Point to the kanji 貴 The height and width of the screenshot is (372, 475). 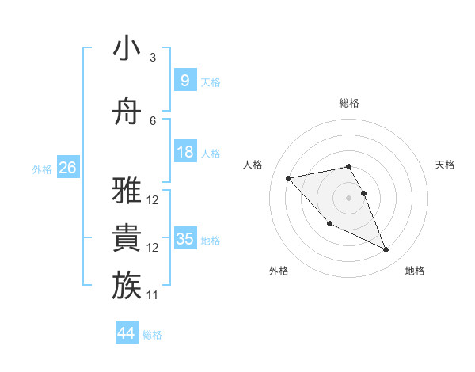tap(127, 238)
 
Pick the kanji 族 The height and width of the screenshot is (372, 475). tap(127, 286)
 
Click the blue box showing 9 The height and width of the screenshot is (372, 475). tap(184, 81)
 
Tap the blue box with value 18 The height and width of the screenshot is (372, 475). tap(184, 152)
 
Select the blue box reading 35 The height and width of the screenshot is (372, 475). tap(184, 239)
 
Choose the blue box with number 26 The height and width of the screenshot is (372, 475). tap(67, 168)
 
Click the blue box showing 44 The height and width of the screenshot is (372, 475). tap(126, 333)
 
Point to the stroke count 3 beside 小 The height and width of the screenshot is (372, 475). tap(153, 58)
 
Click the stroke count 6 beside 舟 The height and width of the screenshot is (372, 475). tap(153, 121)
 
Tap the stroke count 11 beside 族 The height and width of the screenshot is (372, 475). tap(153, 295)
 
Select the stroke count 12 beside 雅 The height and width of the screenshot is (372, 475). tap(153, 200)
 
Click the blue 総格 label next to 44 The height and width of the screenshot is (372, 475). tap(152, 335)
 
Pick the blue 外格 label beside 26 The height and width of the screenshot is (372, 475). tap(42, 169)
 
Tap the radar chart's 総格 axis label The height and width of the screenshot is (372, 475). tap(348, 103)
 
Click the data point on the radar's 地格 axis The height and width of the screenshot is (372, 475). tap(386, 250)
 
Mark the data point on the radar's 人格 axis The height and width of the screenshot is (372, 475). tap(289, 178)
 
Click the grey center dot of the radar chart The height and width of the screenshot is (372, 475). tap(348, 198)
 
